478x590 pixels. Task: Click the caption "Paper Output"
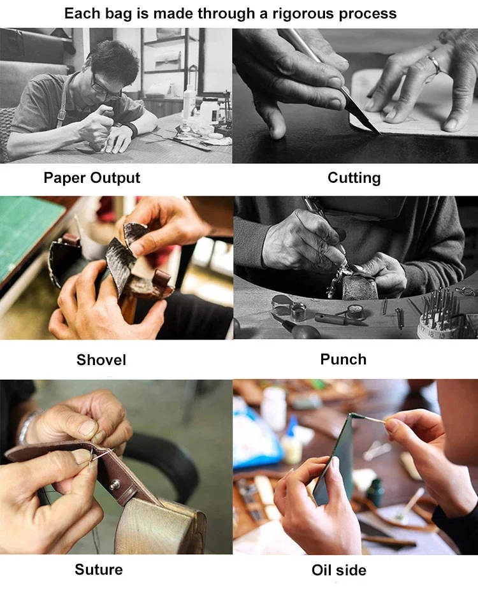pos(92,178)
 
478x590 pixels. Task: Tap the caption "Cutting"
pos(354,178)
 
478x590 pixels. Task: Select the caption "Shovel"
pos(101,360)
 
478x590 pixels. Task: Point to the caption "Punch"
pos(344,359)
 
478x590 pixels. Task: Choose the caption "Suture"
pos(99,570)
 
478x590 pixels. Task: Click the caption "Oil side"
pos(338,570)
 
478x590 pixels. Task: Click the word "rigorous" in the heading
pos(303,14)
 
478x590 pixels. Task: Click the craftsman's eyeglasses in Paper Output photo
pos(105,88)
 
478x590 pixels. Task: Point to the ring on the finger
pos(434,64)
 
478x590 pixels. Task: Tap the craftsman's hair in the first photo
pos(115,61)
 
